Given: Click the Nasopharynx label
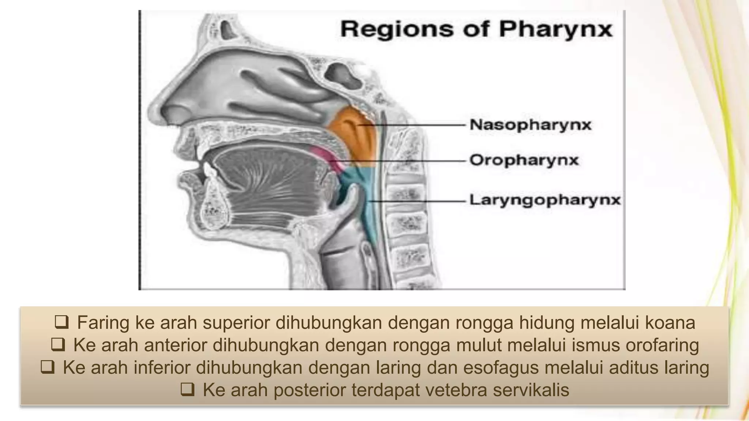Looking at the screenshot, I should [x=530, y=125].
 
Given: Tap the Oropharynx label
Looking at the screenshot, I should [x=524, y=160].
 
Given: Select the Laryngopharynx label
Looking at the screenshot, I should [x=545, y=200].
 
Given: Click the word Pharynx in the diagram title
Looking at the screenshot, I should [x=556, y=29].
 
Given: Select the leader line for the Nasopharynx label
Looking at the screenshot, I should [x=421, y=125].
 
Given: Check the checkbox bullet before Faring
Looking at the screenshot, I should [x=61, y=322].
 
